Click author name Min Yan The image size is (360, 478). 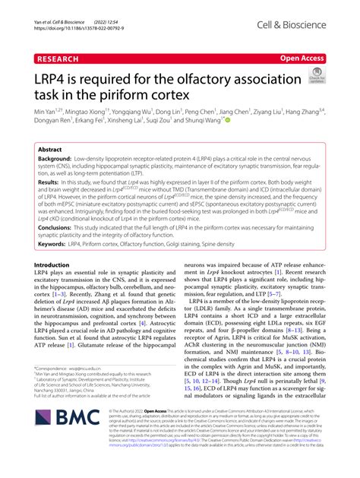click(x=46, y=111)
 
